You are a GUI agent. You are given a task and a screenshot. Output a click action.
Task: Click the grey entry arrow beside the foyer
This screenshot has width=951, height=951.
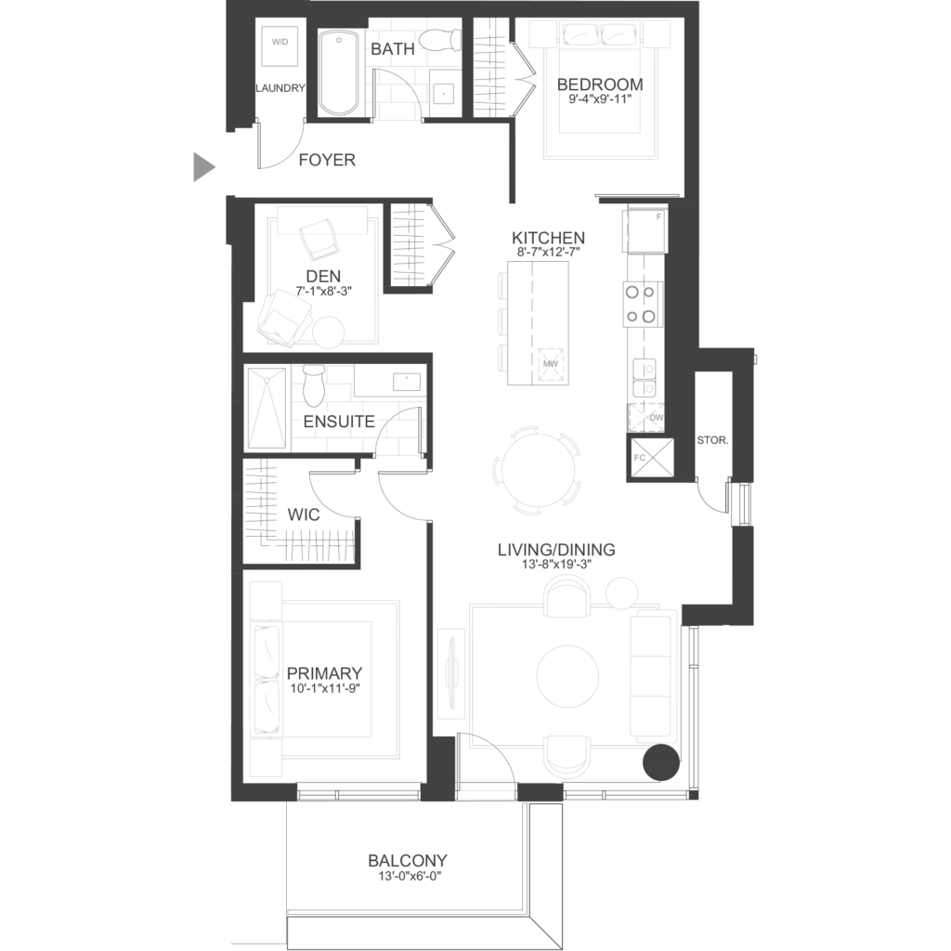point(203,167)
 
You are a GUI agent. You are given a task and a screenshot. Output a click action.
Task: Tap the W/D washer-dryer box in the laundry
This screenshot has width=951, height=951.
point(280,46)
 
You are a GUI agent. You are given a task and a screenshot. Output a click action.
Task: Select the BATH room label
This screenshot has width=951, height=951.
point(393,49)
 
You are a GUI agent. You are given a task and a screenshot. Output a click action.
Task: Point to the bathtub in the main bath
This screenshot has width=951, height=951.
point(338,72)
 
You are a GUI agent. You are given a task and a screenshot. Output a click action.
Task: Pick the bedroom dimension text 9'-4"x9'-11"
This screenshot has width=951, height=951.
point(600,98)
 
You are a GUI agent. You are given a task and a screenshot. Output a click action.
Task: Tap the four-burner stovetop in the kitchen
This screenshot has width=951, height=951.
point(641,304)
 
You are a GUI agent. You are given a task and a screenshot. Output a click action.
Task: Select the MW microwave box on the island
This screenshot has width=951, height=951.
point(550,363)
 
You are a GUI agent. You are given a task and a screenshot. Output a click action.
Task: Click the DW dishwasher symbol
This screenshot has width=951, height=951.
point(646,418)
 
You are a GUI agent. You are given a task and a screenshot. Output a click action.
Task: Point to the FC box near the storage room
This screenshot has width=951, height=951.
point(650,459)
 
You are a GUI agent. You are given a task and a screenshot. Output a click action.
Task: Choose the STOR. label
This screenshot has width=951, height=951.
point(712,440)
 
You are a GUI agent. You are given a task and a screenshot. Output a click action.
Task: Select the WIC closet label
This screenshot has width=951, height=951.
point(304,515)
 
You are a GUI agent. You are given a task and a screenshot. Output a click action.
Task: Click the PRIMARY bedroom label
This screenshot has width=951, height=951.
point(324,673)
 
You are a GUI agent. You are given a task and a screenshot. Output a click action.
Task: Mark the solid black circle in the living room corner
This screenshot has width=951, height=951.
point(660,763)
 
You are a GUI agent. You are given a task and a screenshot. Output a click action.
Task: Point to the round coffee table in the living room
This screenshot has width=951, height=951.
point(568,675)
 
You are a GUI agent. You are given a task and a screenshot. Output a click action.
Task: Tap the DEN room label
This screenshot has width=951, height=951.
point(323,277)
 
